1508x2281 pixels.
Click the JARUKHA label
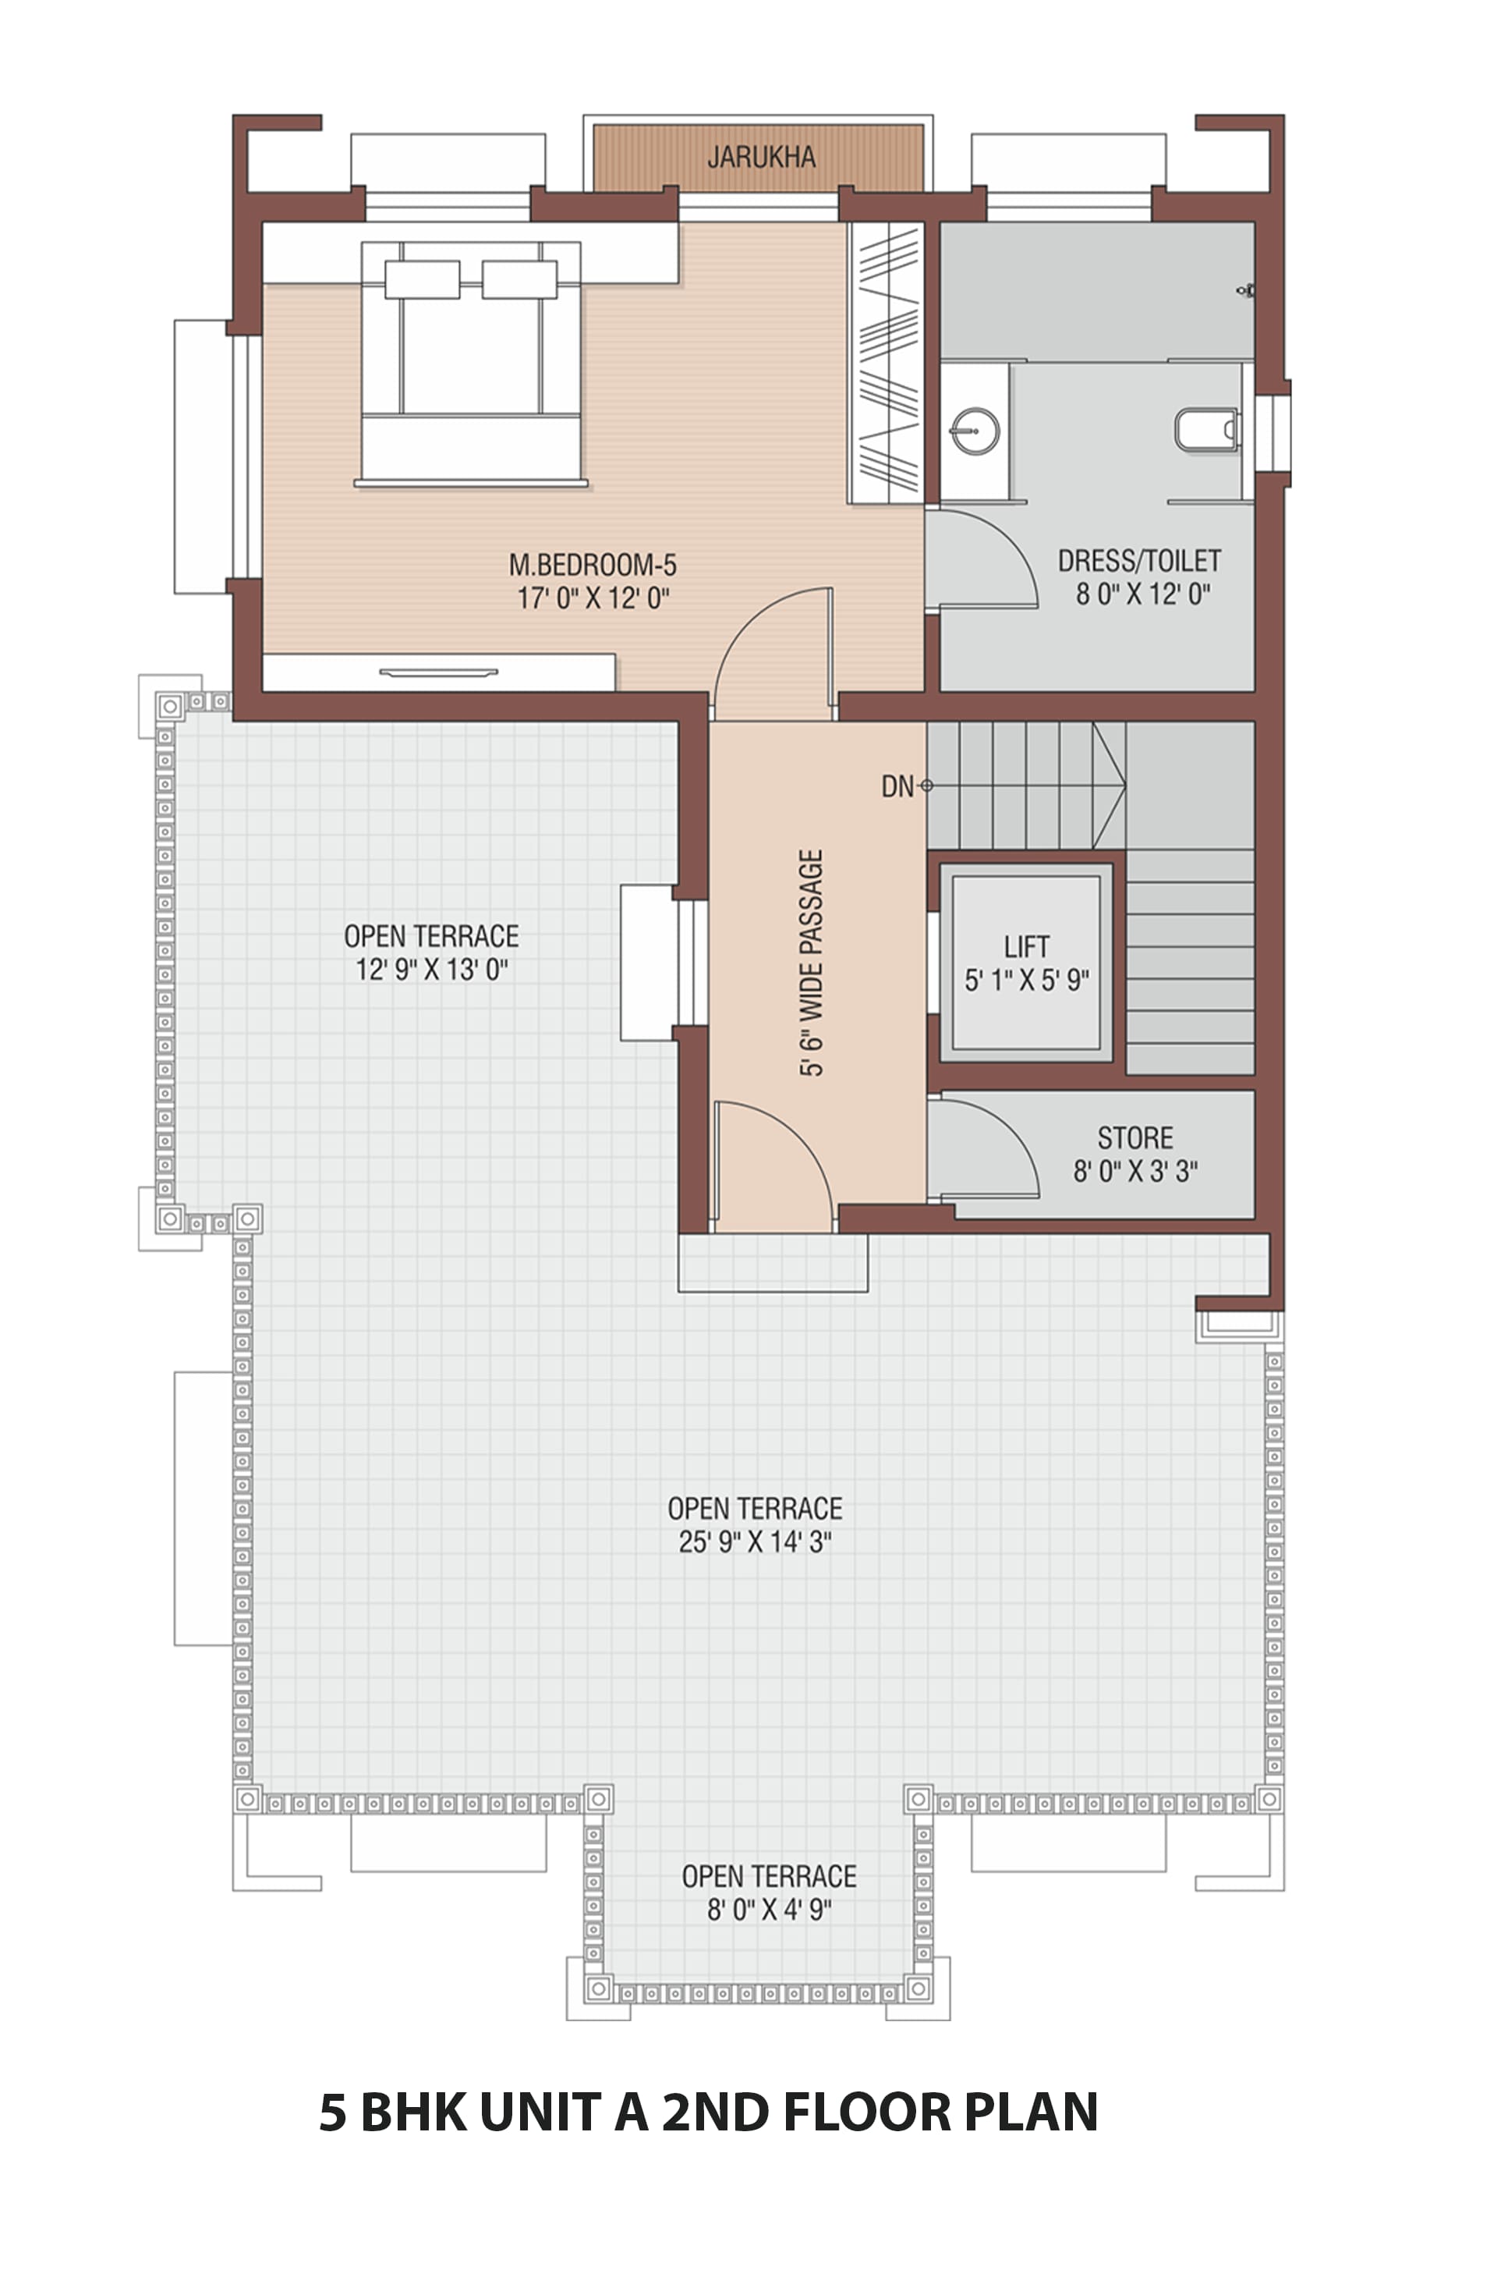coord(762,157)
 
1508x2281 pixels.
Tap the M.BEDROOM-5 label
coord(593,564)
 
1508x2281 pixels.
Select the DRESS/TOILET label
coord(1140,560)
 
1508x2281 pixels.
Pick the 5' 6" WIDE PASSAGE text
coord(812,962)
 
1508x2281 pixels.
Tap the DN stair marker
coord(897,786)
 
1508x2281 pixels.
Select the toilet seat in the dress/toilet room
coord(1207,430)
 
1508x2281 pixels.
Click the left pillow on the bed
coord(422,279)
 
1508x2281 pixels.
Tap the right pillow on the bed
coord(519,279)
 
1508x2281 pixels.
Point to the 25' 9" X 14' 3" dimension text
coord(755,1541)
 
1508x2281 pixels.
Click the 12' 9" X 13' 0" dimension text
coord(432,969)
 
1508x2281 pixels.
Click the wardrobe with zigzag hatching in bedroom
coord(886,363)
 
